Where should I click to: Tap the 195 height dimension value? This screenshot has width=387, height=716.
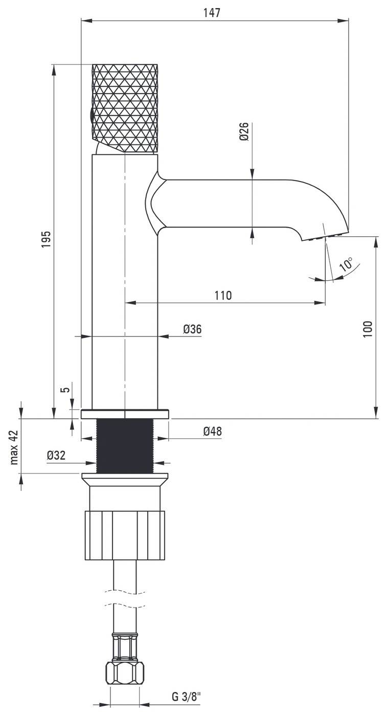click(46, 239)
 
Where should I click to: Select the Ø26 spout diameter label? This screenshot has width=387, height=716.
click(244, 131)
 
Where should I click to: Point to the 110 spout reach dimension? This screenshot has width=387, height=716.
click(223, 296)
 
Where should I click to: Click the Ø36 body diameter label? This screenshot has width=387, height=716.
click(192, 329)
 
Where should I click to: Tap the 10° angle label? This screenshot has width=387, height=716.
click(346, 264)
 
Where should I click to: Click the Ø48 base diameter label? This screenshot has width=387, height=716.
click(212, 431)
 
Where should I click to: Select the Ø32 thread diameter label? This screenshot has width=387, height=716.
click(56, 455)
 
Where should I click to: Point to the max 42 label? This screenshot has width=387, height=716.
click(14, 447)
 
